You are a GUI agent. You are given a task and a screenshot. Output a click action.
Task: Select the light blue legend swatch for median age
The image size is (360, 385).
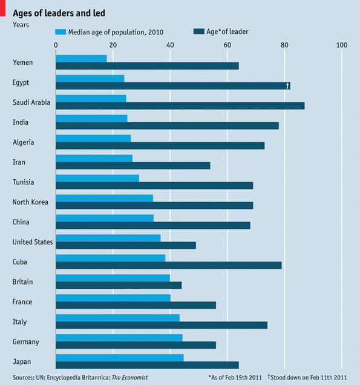pyautogui.click(x=60, y=31)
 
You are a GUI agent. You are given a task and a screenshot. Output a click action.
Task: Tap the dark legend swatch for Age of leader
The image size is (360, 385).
pyautogui.click(x=198, y=31)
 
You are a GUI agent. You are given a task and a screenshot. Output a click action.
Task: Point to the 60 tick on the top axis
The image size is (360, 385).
pyautogui.click(x=227, y=45)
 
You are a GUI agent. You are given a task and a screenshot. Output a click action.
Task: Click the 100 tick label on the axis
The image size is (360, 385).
pyautogui.click(x=341, y=45)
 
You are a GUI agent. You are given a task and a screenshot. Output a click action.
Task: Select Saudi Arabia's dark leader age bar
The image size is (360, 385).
pyautogui.click(x=180, y=105)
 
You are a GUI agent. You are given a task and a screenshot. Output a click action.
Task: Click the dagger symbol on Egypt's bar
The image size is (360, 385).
pyautogui.click(x=287, y=85)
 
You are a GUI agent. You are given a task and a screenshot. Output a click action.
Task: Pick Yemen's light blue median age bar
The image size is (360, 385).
pyautogui.click(x=81, y=58)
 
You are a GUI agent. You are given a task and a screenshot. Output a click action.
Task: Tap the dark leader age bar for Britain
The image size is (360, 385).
pyautogui.click(x=119, y=285)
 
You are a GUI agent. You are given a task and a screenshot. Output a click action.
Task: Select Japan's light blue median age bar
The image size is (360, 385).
pyautogui.click(x=119, y=358)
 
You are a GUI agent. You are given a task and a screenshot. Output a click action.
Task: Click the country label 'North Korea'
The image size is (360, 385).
pyautogui.click(x=30, y=202)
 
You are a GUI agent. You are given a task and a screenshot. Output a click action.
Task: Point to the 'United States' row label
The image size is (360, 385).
pyautogui.click(x=33, y=242)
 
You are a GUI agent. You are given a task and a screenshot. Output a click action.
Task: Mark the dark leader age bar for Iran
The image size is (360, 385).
pyautogui.click(x=133, y=165)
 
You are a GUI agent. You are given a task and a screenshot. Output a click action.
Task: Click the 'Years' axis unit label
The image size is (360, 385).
pyautogui.click(x=21, y=25)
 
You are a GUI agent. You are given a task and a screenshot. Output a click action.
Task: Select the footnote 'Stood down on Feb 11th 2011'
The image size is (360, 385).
pyautogui.click(x=309, y=377)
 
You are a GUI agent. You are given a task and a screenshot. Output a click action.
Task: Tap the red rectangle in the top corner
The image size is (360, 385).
pyautogui.click(x=3, y=4)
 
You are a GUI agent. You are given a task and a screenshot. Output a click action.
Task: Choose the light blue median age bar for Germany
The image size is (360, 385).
pyautogui.click(x=119, y=338)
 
